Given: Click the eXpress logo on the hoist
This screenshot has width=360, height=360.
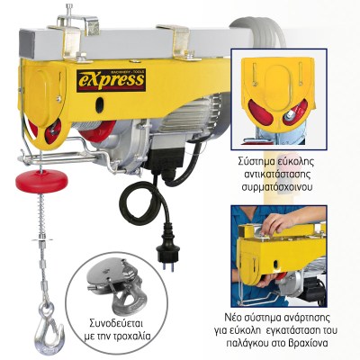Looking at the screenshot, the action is [111, 80].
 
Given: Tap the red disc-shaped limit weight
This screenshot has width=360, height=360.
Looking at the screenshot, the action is [41, 181].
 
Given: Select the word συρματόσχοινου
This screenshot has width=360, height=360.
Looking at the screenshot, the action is [277, 187].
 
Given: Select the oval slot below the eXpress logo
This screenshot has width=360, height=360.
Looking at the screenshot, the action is [99, 105].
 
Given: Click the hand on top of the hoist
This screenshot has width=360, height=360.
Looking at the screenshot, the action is [277, 223].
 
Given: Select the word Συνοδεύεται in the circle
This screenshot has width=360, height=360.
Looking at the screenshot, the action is [116, 325].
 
